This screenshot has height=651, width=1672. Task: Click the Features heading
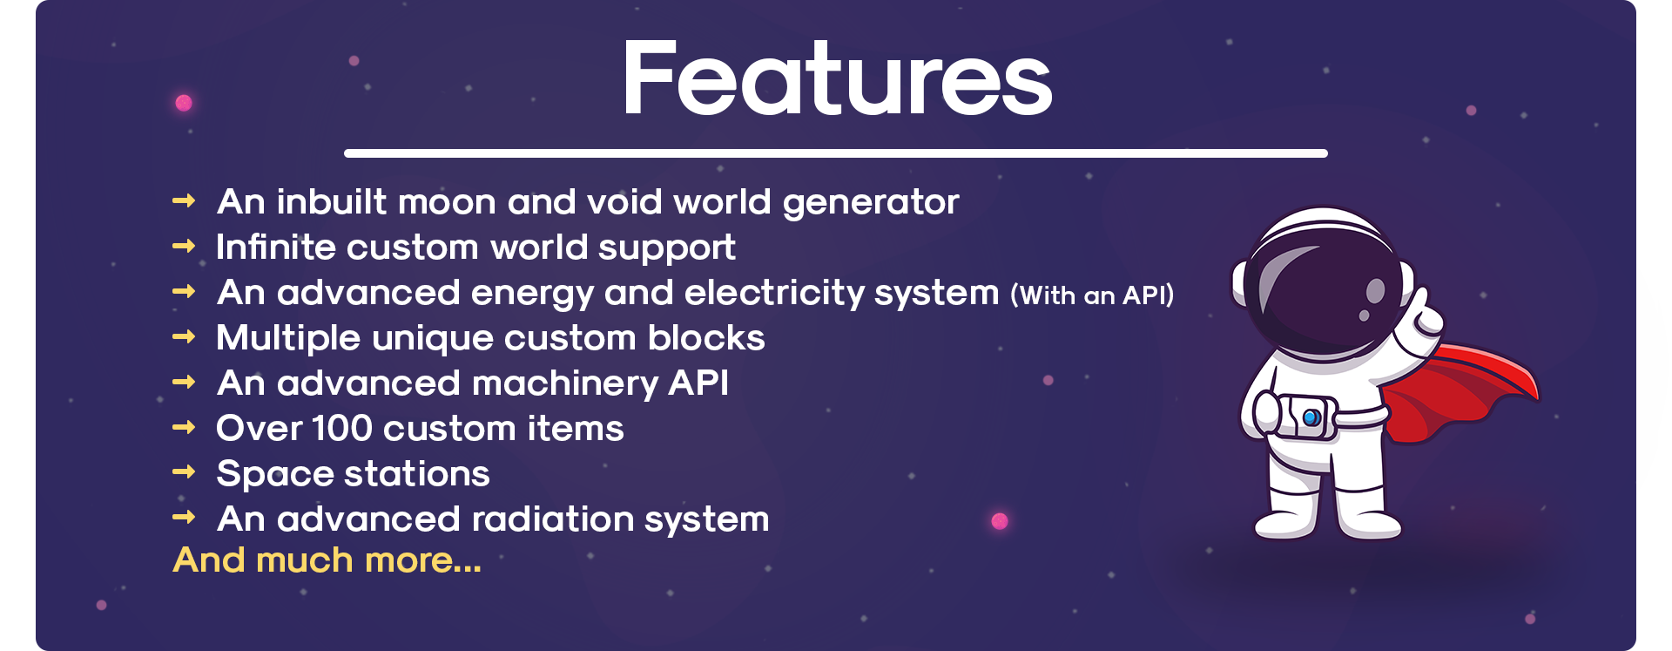pyautogui.click(x=838, y=78)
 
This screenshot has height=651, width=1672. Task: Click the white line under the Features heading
pyautogui.click(x=836, y=153)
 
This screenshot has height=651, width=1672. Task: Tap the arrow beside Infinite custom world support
pyautogui.click(x=184, y=247)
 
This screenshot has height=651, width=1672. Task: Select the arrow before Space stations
pyautogui.click(x=184, y=472)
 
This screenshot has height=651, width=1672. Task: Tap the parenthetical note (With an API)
pyautogui.click(x=1092, y=295)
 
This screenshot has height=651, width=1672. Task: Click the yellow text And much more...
pyautogui.click(x=327, y=560)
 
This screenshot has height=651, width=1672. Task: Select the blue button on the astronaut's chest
pyautogui.click(x=1311, y=418)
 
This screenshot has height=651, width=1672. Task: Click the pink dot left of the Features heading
pyautogui.click(x=184, y=103)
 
